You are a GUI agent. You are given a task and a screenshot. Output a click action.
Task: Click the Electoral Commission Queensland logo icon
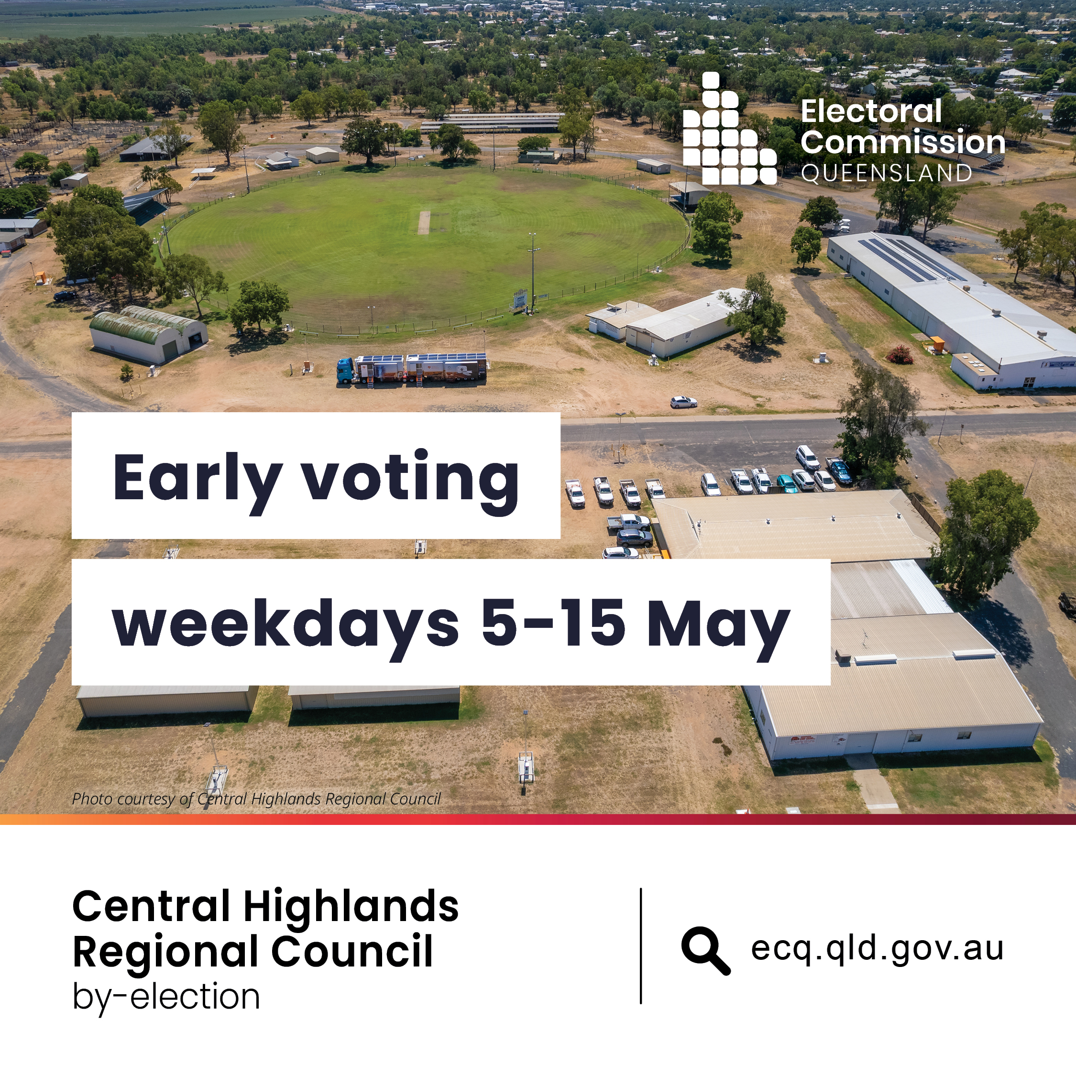(x=730, y=129)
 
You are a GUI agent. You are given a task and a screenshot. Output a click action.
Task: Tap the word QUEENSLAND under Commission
(x=887, y=173)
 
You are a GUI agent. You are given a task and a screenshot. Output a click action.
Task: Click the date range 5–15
(x=553, y=623)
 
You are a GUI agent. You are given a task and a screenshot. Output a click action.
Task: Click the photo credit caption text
(x=256, y=799)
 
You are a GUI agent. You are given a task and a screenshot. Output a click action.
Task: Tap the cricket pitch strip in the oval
(x=424, y=222)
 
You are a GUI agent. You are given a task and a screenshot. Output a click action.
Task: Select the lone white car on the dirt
(x=683, y=402)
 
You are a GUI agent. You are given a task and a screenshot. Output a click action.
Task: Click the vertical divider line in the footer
(x=641, y=945)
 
